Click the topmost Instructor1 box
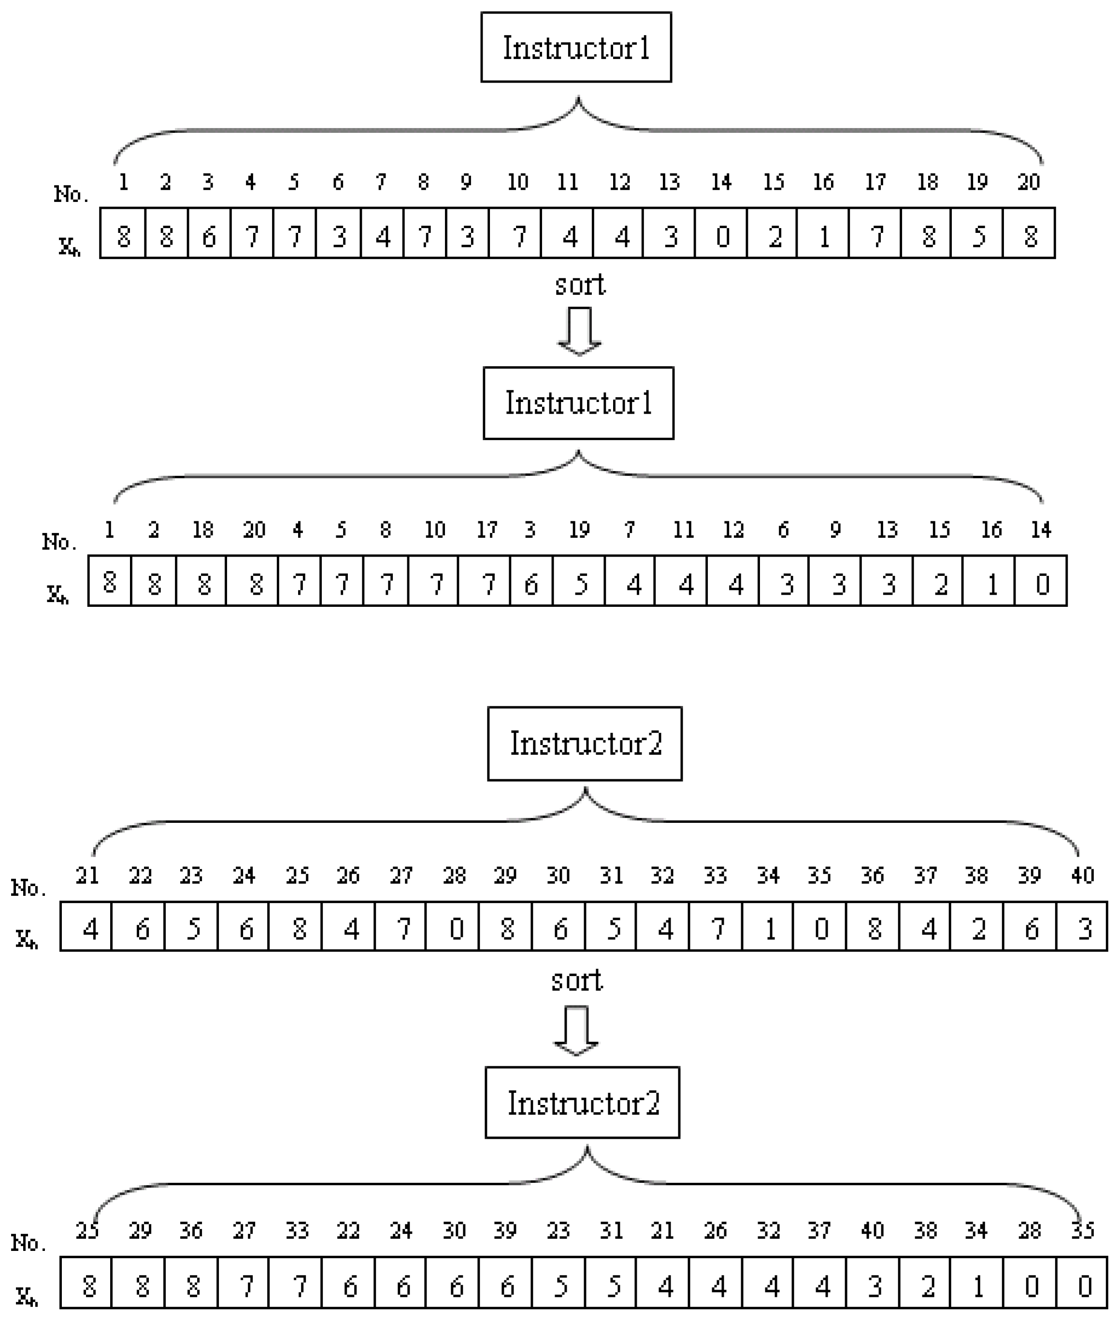point(575,47)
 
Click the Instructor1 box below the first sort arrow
point(578,402)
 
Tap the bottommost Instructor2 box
point(582,1103)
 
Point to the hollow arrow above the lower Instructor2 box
point(575,1030)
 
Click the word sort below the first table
point(579,285)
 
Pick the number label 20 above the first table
point(1029,182)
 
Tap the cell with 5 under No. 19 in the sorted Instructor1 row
point(579,581)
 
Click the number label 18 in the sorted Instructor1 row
point(203,529)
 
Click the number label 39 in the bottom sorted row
point(504,1231)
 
